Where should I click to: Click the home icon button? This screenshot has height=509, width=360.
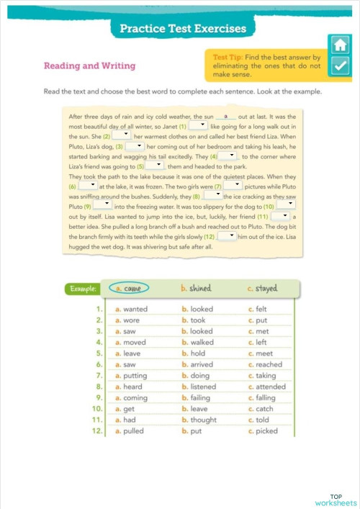coord(339,45)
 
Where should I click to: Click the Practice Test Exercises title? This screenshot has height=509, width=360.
coord(183,29)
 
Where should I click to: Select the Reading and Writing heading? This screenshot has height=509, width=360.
coord(89,66)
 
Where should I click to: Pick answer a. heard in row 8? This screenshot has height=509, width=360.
coord(130,387)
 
